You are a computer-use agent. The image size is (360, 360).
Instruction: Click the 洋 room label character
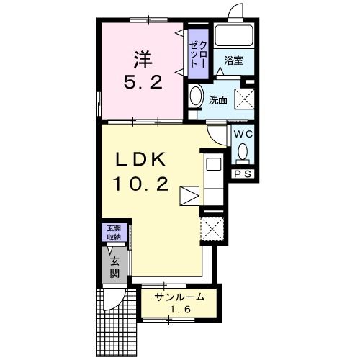click(x=143, y=60)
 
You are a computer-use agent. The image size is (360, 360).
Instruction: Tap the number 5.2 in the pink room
click(x=143, y=82)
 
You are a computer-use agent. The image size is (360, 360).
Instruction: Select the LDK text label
click(x=140, y=159)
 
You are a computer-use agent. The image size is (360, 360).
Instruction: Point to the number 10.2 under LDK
click(x=140, y=184)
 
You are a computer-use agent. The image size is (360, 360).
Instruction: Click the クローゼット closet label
click(x=198, y=54)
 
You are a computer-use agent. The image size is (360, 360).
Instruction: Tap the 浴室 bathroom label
click(x=234, y=60)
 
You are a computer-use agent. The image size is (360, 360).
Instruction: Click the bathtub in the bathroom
click(x=234, y=35)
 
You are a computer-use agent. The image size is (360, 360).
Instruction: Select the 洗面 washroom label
click(x=218, y=100)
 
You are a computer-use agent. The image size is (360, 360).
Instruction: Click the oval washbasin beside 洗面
click(x=195, y=96)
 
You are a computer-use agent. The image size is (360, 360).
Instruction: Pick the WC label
click(x=243, y=134)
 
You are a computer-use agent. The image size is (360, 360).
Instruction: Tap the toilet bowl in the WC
click(x=243, y=151)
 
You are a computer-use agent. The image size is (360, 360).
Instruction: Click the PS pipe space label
click(x=243, y=174)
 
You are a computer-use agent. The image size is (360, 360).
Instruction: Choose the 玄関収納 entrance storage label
click(x=114, y=233)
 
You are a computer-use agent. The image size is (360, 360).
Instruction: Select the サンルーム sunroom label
click(x=179, y=297)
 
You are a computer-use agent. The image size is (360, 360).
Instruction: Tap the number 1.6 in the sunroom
click(x=180, y=310)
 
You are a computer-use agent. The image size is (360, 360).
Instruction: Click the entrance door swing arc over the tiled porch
click(x=117, y=303)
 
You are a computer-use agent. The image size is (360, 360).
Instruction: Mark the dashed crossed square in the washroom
click(x=244, y=99)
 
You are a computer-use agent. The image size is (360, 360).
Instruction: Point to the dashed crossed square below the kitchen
click(x=212, y=228)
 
